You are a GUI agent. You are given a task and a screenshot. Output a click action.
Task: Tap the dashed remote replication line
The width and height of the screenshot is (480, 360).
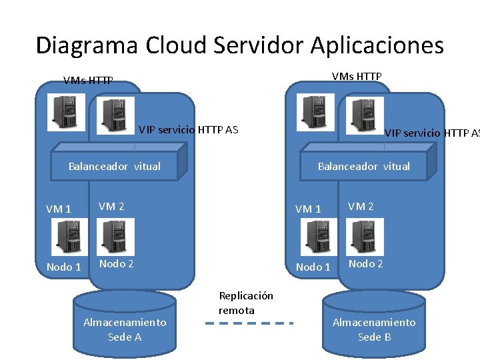click(249, 323)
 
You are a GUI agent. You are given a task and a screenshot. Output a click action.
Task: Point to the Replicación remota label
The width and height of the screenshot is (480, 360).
click(245, 303)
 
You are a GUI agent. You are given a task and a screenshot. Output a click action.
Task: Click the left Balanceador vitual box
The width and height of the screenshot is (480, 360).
click(115, 167)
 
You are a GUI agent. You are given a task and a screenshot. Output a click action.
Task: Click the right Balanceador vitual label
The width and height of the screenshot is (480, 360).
click(364, 166)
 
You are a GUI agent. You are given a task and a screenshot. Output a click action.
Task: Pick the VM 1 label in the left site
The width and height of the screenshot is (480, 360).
click(59, 209)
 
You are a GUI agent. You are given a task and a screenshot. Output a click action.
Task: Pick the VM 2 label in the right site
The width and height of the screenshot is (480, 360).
click(361, 206)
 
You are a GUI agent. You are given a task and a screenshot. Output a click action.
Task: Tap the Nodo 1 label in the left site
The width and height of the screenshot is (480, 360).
click(63, 267)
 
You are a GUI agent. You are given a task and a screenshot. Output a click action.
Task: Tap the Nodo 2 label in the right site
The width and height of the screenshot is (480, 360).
click(366, 263)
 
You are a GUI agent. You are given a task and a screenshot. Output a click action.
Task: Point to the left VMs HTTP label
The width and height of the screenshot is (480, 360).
click(88, 81)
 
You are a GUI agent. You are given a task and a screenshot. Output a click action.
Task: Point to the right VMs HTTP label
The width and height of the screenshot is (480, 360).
click(357, 77)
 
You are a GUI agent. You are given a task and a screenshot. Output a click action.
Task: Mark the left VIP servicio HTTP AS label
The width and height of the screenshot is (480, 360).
click(188, 129)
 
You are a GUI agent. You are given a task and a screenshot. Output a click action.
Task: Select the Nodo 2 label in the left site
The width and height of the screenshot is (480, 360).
click(117, 263)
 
